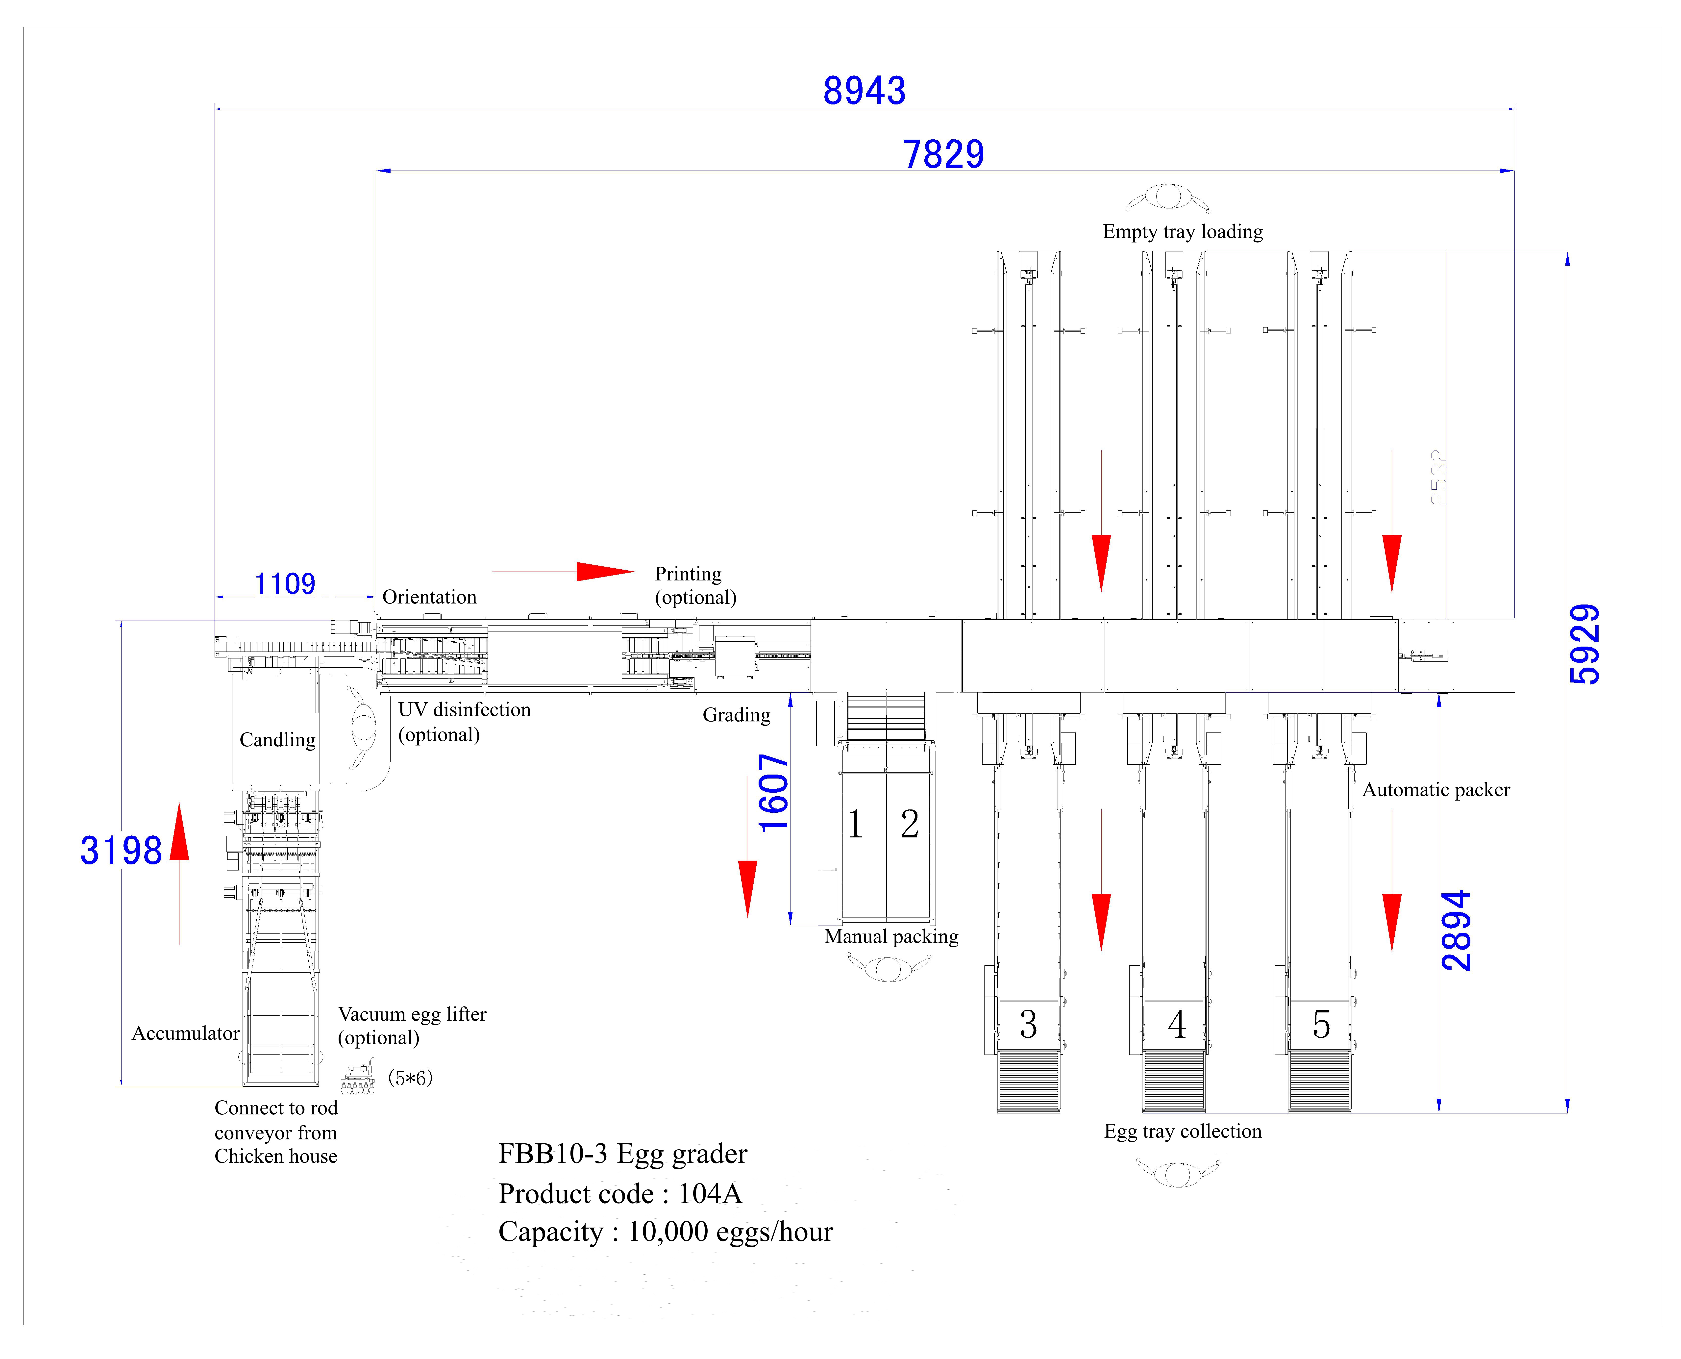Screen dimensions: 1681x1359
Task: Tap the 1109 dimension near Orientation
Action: [285, 584]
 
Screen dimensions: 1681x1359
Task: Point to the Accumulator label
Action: [185, 1033]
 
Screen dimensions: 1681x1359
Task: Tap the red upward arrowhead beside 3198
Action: [179, 831]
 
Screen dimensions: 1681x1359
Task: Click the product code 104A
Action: [710, 1194]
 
